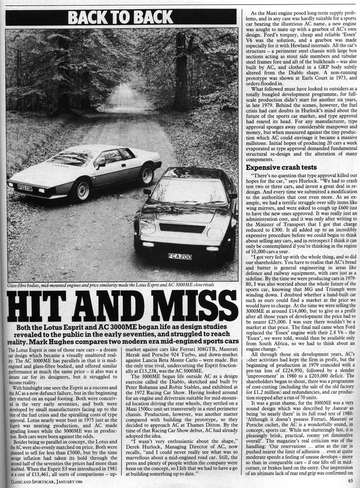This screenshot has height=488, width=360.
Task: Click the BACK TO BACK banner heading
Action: [121, 17]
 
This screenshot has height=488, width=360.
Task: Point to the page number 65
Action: [350, 479]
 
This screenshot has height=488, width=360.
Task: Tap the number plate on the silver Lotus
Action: [25, 187]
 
